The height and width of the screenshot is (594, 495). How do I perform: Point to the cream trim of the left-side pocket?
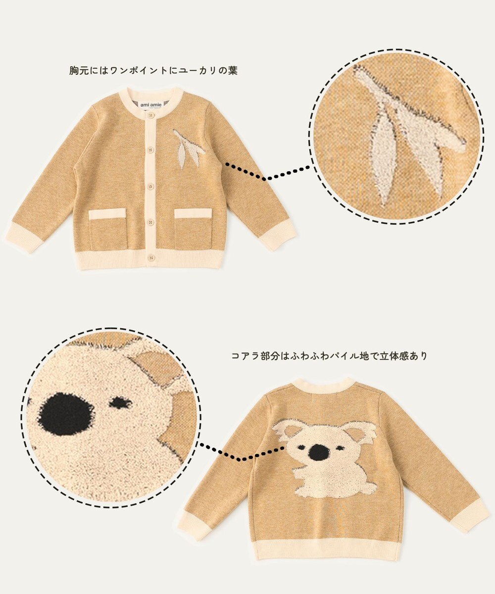pyautogui.click(x=107, y=213)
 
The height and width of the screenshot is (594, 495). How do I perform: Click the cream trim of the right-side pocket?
pyautogui.click(x=193, y=213)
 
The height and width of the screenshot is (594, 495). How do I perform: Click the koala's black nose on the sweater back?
pyautogui.click(x=318, y=452)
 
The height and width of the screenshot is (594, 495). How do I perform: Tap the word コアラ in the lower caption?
pyautogui.click(x=243, y=355)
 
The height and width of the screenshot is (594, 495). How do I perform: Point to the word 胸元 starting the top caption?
pyautogui.click(x=75, y=71)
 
